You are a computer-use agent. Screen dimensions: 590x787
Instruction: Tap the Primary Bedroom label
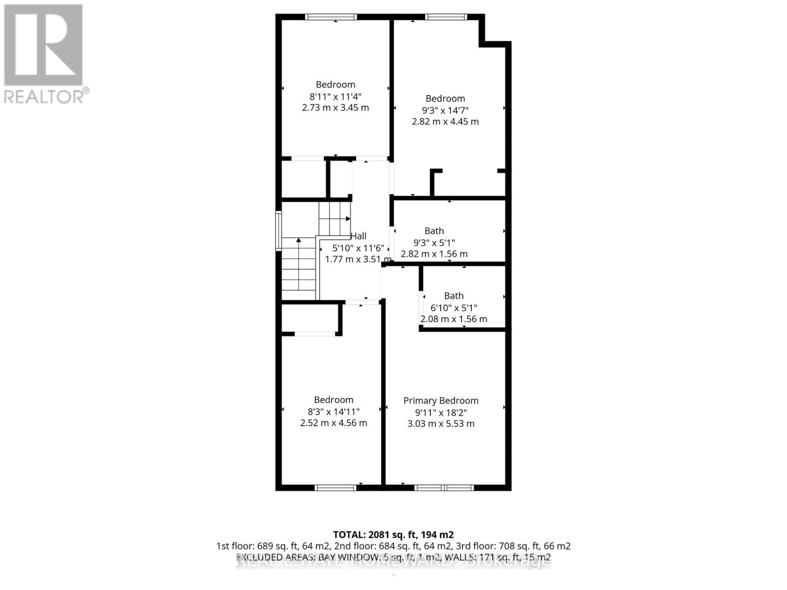[x=441, y=401]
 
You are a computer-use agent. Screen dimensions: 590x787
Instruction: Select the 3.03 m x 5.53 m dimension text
[x=441, y=424]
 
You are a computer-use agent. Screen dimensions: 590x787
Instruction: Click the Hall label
[x=359, y=236]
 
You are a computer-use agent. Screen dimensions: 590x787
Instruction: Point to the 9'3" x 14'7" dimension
[x=445, y=110]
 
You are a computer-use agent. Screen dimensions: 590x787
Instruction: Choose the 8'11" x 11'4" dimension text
[x=335, y=96]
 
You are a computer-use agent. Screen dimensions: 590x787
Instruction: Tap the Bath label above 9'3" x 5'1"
[x=434, y=231]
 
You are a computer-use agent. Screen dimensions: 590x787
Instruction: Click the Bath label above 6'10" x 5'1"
[x=454, y=296]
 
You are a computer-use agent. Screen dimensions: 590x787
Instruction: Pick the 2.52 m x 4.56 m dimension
[x=333, y=423]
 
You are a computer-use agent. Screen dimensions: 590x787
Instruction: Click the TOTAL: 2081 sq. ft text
[x=393, y=534]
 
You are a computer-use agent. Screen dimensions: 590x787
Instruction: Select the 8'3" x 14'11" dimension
[x=333, y=412]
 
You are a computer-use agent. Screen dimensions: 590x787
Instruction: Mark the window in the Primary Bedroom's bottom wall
[x=444, y=488]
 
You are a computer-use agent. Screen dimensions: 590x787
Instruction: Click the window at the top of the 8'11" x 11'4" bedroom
[x=331, y=17]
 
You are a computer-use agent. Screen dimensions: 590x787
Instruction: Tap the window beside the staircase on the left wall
[x=278, y=231]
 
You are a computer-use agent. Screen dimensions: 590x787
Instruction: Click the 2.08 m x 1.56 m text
[x=454, y=319]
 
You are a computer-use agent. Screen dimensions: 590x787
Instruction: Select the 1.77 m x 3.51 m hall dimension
[x=358, y=259]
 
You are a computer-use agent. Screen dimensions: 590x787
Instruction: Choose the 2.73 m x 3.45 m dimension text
[x=335, y=108]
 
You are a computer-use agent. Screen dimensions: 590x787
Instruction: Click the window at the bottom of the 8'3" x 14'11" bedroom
[x=335, y=488]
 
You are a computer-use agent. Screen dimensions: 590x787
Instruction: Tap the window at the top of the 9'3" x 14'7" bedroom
[x=446, y=17]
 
